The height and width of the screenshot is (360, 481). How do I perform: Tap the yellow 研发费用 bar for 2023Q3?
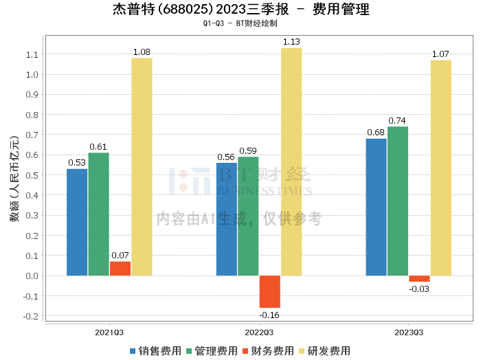pyautogui.click(x=440, y=168)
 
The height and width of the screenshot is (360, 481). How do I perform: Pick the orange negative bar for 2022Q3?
pyautogui.click(x=269, y=291)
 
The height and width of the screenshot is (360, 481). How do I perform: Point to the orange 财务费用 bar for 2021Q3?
pyautogui.click(x=120, y=269)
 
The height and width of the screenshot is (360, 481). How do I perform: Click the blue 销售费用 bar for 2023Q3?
pyautogui.click(x=376, y=207)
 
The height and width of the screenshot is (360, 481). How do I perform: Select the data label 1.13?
pyautogui.click(x=291, y=42)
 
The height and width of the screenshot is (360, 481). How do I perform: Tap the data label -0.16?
pyautogui.click(x=269, y=315)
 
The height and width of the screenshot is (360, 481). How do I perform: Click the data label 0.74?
pyautogui.click(x=397, y=121)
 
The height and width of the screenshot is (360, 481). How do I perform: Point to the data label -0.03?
pyautogui.click(x=419, y=289)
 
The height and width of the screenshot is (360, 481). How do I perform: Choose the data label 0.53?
pyautogui.click(x=77, y=163)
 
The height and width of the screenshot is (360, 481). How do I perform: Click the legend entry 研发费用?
pyautogui.click(x=326, y=351)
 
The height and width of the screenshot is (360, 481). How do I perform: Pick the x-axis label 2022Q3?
pyautogui.click(x=259, y=333)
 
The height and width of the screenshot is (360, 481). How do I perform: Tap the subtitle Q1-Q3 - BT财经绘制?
pyautogui.click(x=240, y=23)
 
